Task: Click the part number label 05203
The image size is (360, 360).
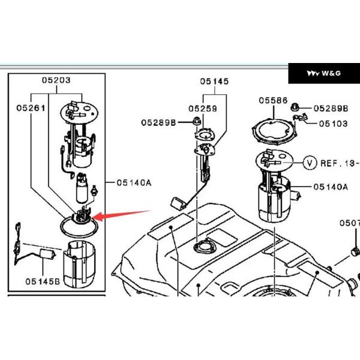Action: [x=56, y=80]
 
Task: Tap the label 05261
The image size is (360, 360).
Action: [x=31, y=108]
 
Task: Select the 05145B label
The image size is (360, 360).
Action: [x=43, y=281]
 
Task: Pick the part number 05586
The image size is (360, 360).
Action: [x=273, y=100]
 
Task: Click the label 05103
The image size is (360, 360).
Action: [x=334, y=124]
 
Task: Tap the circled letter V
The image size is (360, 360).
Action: [x=310, y=163]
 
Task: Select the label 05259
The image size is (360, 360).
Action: [x=203, y=109]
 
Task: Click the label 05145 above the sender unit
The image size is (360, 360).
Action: [x=214, y=81]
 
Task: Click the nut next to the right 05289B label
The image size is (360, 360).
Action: [x=295, y=107]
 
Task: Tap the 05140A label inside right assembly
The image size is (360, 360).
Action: [x=331, y=187]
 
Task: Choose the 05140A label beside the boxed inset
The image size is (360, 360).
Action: [x=134, y=183]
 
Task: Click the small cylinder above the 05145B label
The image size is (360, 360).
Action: [x=48, y=254]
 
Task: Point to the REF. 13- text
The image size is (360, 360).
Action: [x=340, y=163]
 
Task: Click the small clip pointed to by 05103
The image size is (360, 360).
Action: [x=300, y=117]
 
